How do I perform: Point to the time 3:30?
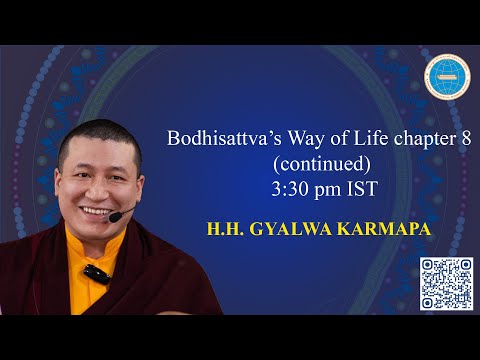(296, 185)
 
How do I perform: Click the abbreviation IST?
(360, 185)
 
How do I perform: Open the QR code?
(445, 283)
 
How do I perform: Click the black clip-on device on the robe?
(95, 272)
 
